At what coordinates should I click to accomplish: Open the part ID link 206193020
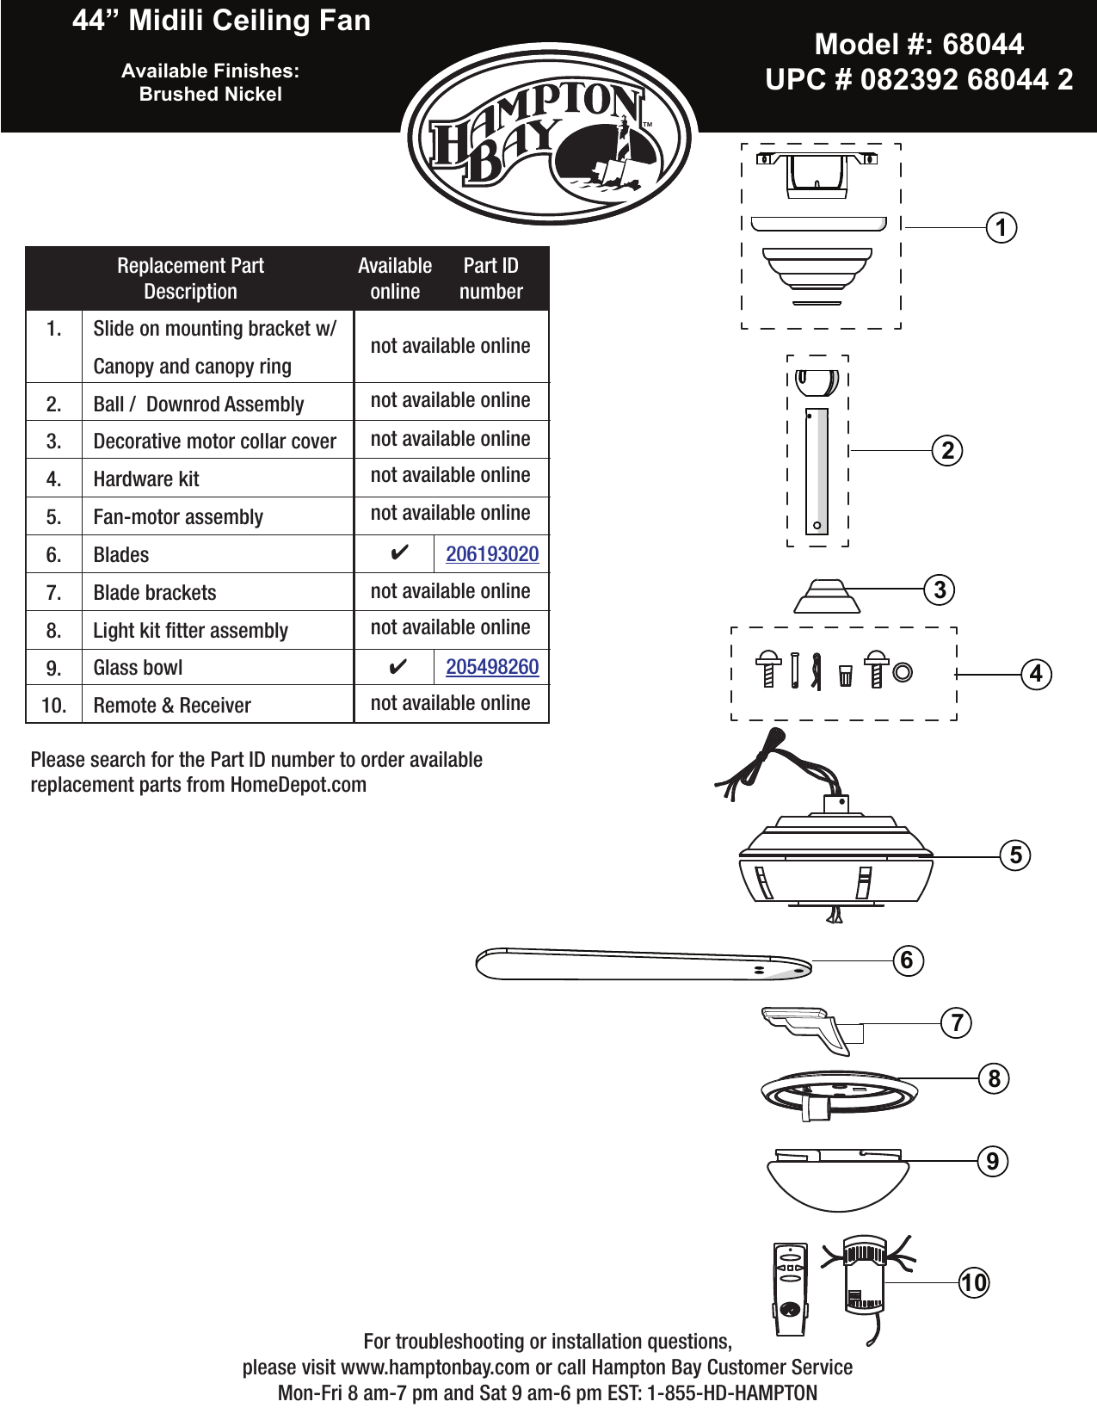(492, 554)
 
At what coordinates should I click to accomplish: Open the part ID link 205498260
(492, 667)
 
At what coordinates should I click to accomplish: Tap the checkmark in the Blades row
(398, 553)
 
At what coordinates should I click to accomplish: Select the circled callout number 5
(1015, 855)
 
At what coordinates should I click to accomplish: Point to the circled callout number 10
(974, 1283)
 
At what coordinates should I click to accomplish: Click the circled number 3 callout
(940, 590)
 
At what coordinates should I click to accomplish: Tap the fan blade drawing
(641, 964)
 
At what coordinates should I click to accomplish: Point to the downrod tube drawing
(817, 471)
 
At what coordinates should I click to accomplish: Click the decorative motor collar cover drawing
(826, 596)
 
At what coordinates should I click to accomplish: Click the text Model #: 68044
(919, 45)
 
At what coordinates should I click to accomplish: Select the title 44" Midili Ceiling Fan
(222, 21)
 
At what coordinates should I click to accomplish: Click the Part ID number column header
(490, 279)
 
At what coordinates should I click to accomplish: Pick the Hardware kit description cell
(146, 479)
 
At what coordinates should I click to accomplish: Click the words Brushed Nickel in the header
(211, 95)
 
